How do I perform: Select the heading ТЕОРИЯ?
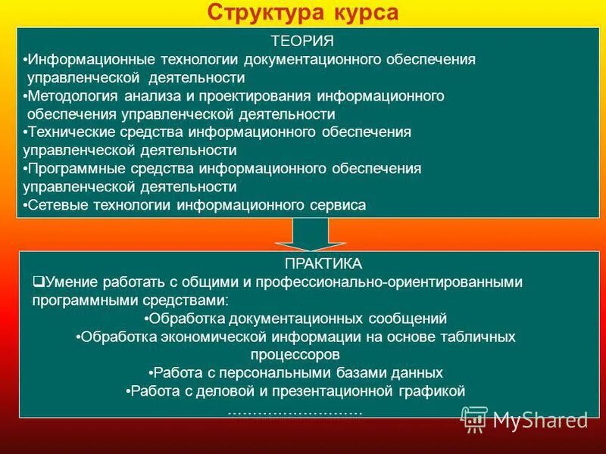tap(302, 41)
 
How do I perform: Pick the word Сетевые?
tap(50, 205)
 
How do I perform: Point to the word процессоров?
tap(294, 354)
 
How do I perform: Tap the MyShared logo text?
tap(540, 419)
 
